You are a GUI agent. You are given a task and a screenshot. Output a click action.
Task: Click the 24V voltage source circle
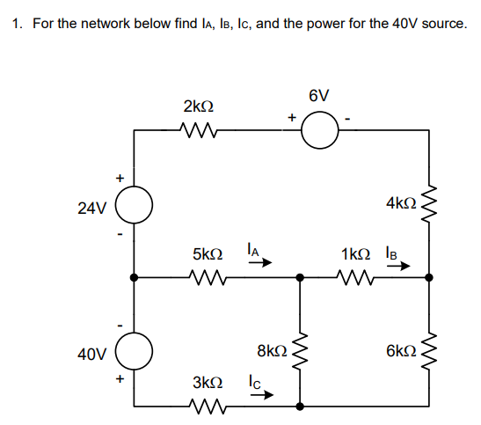click(134, 208)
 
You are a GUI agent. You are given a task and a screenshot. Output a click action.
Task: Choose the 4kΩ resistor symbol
click(429, 205)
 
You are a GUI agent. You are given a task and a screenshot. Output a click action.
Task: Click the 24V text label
click(91, 209)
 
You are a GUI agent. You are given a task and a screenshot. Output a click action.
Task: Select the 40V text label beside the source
click(91, 355)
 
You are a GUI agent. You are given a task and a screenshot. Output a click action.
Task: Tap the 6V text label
click(319, 95)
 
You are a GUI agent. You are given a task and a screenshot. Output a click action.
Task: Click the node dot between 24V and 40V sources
click(134, 277)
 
